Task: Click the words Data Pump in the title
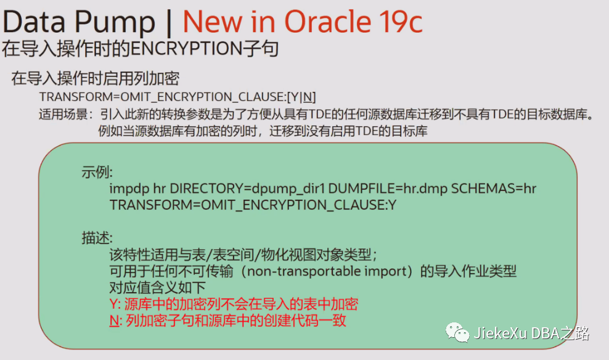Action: [79, 22]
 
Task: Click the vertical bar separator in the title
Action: [169, 22]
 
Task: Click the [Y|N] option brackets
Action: [302, 97]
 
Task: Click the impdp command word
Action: [129, 189]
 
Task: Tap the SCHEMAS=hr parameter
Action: [494, 189]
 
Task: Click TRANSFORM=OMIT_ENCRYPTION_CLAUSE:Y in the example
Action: [253, 205]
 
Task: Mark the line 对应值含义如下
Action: [157, 288]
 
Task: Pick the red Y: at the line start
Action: [115, 305]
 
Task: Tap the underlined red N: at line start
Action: [115, 321]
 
